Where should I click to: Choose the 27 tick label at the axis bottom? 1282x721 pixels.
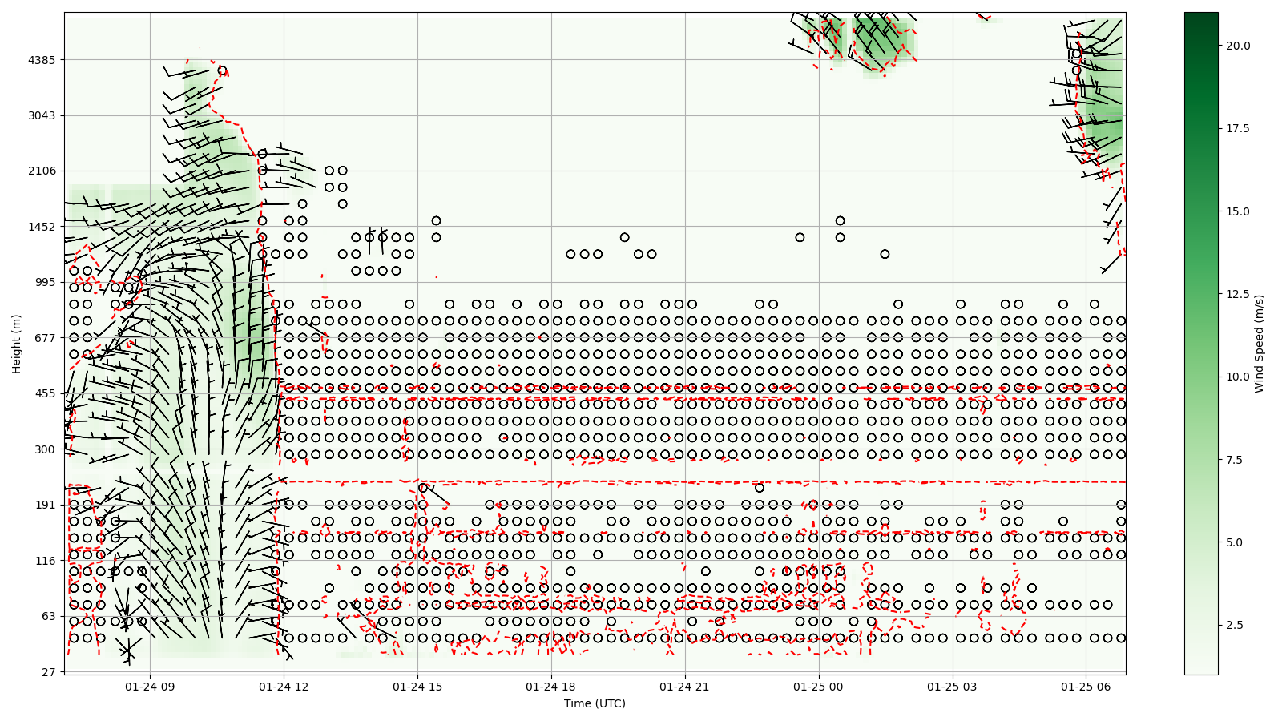coord(48,672)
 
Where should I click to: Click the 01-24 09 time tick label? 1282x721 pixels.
coord(151,687)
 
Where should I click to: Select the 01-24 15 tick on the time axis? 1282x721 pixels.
coord(418,687)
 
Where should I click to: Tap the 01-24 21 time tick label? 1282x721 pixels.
coord(685,687)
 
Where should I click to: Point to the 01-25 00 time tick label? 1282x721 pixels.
coord(819,687)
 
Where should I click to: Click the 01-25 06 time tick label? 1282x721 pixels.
coord(1086,687)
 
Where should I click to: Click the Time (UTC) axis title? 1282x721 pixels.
coord(595,703)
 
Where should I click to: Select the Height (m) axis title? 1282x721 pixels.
coord(17,344)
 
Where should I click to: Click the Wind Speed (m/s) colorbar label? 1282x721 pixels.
coord(1259,344)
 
